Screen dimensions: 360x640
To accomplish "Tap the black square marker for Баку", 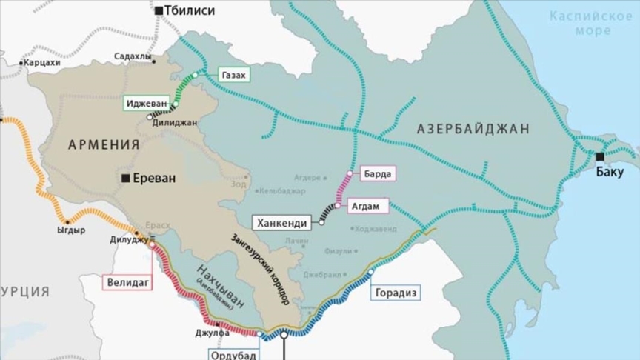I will (x=599, y=156).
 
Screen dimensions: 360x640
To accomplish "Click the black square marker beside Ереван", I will (x=127, y=178).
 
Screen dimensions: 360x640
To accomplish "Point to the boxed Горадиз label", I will (x=397, y=293).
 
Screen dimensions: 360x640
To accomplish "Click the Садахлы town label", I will (x=133, y=56).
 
